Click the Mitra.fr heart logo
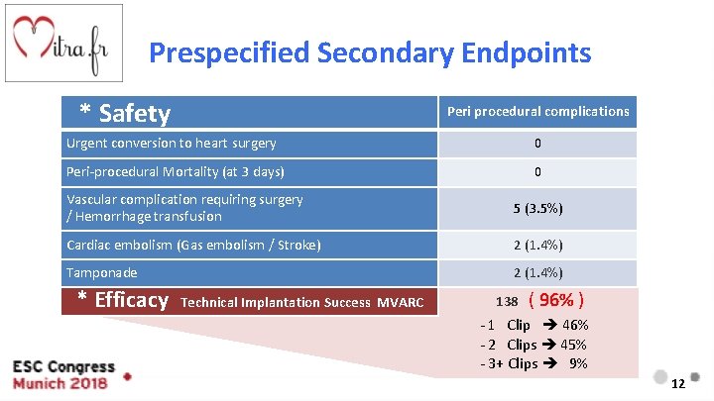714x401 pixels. [64, 44]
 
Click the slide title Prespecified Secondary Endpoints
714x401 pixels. [370, 52]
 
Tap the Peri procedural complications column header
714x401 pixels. [537, 112]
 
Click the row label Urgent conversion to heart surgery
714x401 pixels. [171, 144]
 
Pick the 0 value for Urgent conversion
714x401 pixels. [537, 144]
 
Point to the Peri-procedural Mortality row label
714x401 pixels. [175, 172]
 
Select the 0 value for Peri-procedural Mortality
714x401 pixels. [537, 172]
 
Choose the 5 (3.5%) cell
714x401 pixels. [537, 208]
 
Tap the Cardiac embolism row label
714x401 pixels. [193, 245]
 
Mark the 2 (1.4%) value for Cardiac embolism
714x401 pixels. [537, 245]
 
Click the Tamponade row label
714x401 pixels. [101, 272]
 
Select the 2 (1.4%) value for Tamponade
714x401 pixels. [537, 272]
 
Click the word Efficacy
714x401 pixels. [131, 300]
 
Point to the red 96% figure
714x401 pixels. [556, 300]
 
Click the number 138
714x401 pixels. [508, 301]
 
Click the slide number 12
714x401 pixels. [678, 384]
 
